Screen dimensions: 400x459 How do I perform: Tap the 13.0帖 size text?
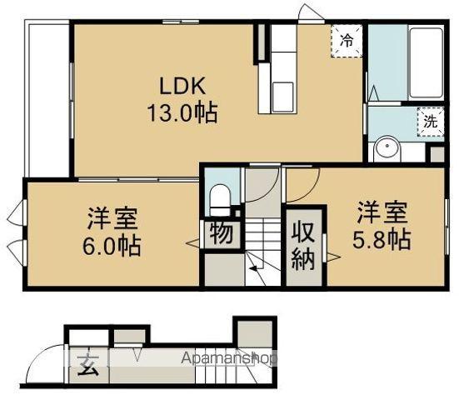(183, 112)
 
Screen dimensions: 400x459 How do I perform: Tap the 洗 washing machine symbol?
(430, 120)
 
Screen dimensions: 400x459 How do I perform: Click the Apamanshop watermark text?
(228, 358)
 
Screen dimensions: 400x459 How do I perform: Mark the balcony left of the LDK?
(47, 98)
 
